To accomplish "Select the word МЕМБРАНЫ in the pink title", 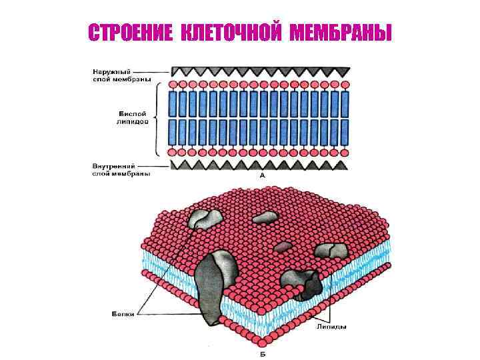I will (x=339, y=33).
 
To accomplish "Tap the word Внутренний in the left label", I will (x=114, y=166).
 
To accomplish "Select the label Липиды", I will (x=331, y=327).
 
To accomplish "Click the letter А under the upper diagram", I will (x=262, y=175).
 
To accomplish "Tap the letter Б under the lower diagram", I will (x=262, y=351).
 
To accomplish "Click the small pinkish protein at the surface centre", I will (x=283, y=247).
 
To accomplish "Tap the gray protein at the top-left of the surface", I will (x=205, y=219).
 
